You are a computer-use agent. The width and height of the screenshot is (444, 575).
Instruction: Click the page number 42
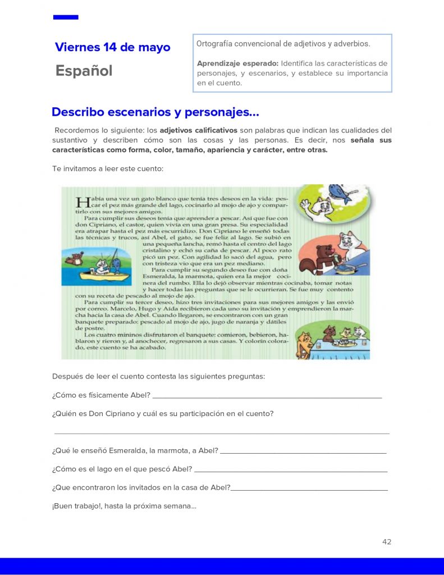point(386,542)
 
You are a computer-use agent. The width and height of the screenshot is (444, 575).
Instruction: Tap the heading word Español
point(84,71)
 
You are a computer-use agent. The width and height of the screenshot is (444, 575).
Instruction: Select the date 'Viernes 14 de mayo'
point(112,47)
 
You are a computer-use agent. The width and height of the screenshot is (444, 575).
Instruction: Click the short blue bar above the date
point(66,17)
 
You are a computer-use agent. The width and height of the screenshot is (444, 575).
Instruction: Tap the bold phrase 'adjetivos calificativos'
point(198,130)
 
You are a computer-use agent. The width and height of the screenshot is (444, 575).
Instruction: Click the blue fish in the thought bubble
point(340,192)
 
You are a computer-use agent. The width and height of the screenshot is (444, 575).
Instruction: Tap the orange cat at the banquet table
point(305,344)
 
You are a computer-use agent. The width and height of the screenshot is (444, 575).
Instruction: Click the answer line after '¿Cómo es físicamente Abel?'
point(267,396)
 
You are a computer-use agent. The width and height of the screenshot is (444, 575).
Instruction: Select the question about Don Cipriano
point(163,414)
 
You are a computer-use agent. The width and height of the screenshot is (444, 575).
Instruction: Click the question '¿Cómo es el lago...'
point(122,469)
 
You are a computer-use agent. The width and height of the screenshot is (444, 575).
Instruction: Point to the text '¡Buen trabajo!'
point(77,506)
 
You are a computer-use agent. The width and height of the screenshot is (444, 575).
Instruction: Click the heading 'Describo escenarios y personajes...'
point(155,112)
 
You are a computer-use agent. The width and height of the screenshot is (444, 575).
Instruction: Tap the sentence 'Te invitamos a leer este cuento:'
point(108,168)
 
